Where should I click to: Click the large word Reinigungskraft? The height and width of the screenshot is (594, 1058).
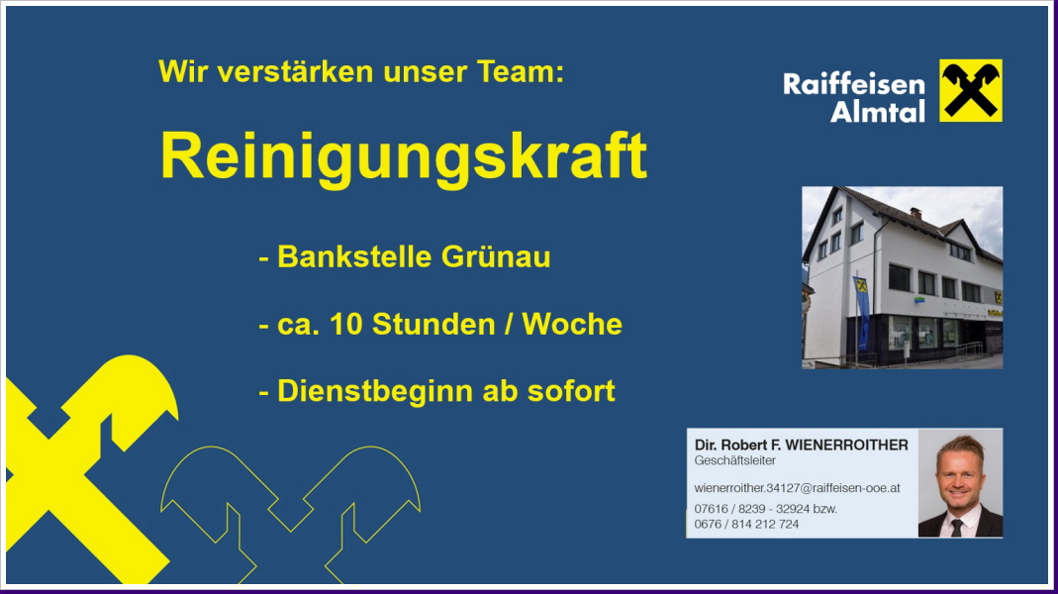404,157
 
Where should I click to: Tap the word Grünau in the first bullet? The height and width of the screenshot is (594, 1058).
496,256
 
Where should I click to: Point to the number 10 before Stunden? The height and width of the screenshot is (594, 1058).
345,324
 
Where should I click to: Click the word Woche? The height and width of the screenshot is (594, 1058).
572,324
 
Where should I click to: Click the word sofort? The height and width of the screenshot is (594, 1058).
571,391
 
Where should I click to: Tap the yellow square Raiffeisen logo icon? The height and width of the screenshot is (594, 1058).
970,90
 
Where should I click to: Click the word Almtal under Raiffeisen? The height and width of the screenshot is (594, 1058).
877,111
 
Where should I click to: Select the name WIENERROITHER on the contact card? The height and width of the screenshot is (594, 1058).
847,445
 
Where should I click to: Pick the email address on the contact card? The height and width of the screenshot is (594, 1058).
797,488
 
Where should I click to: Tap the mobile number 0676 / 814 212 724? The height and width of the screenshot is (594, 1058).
746,524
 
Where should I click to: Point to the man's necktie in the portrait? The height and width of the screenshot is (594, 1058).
957,527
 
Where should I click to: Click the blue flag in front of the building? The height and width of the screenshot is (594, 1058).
862,312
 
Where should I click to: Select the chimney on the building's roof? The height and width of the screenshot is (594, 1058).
914,214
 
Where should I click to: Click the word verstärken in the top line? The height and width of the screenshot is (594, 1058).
295,71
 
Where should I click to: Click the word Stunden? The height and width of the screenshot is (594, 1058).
433,324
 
